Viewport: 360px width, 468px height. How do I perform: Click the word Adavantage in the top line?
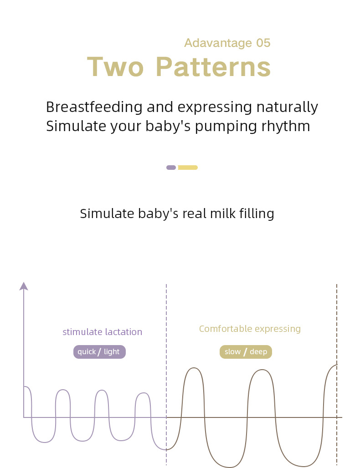point(218,43)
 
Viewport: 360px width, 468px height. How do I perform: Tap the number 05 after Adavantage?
point(263,43)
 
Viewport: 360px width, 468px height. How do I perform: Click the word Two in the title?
point(115,67)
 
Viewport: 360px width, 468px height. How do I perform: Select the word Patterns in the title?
point(213,67)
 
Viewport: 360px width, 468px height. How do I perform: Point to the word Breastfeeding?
point(94,107)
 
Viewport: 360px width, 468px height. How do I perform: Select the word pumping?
point(226,126)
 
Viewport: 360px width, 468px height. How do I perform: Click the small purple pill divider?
point(171,168)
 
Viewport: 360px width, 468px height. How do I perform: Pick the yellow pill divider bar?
point(188,168)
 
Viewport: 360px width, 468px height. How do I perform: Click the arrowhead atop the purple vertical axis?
point(24,286)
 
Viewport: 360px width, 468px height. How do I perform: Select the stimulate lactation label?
point(102,332)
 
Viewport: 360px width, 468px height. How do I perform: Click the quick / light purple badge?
point(99,352)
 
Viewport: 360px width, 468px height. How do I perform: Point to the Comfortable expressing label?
point(250,329)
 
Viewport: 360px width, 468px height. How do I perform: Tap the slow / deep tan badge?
point(246,352)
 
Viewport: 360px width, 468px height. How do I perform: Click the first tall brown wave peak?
point(194,368)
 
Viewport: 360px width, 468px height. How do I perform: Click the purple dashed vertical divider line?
point(166,375)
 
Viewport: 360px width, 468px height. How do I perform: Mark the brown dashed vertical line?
point(337,375)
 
